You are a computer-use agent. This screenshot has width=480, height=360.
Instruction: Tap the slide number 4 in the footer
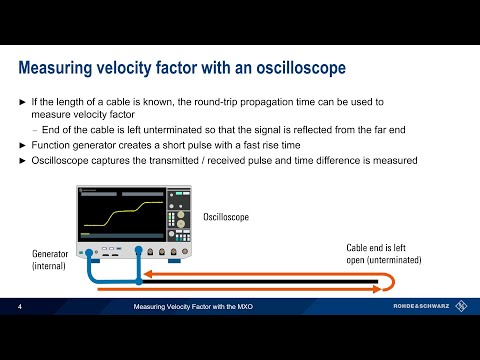[x=21, y=309]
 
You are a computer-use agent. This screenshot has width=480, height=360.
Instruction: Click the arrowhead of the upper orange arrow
[x=145, y=271]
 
